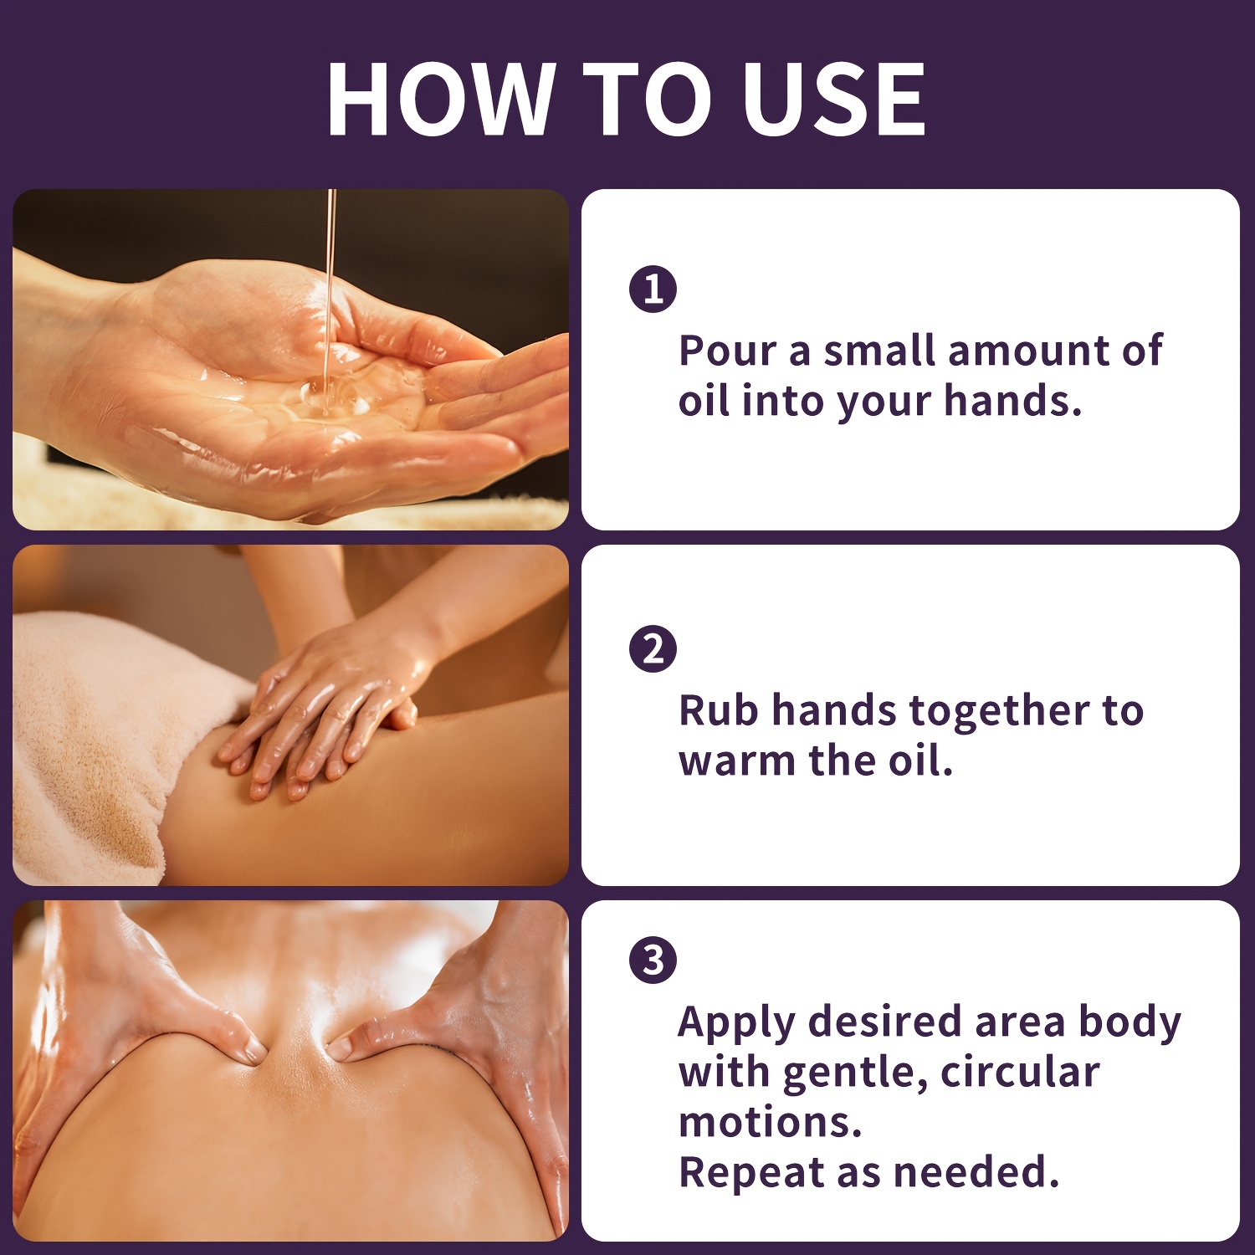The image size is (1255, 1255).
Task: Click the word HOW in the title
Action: point(441,99)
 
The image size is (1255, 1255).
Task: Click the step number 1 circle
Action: point(653,289)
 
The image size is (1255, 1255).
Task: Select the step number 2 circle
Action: point(653,648)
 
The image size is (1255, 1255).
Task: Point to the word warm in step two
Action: point(737,761)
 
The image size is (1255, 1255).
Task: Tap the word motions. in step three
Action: point(770,1122)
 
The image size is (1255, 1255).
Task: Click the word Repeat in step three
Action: point(751,1174)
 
